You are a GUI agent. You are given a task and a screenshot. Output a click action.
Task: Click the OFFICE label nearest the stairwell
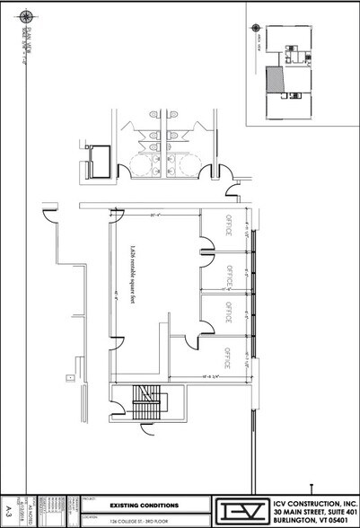(x=227, y=358)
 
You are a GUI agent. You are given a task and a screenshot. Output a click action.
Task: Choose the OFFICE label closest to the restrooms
(x=227, y=230)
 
